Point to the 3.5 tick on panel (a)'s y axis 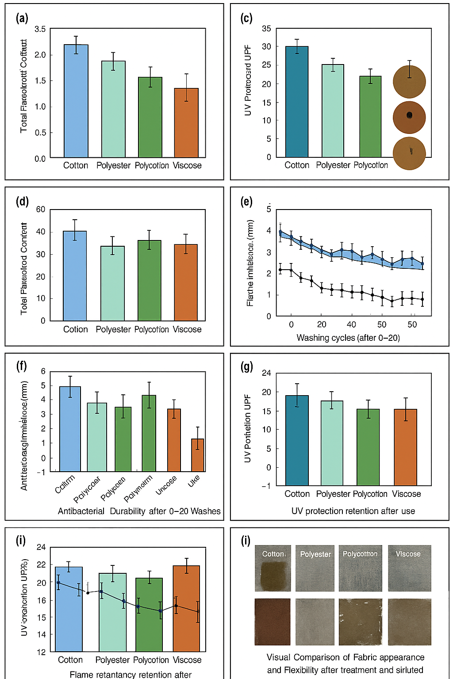point(40,29)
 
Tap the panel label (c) point(246,18)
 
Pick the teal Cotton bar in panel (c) point(297,102)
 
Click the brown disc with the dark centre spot point(409,117)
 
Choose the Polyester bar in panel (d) point(113,283)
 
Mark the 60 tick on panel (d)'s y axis point(41,210)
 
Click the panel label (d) point(22,202)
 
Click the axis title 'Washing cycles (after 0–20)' point(348,338)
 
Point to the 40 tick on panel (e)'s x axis point(351,324)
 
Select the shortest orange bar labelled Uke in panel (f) point(197,455)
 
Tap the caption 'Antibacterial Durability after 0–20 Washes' point(139,511)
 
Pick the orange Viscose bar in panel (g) point(405,447)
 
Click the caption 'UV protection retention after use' point(353,511)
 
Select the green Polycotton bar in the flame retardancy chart point(149,614)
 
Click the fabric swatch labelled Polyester point(315,568)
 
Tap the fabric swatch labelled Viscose point(409,568)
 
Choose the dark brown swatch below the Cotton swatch point(273,622)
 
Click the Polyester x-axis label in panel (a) point(113,166)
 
